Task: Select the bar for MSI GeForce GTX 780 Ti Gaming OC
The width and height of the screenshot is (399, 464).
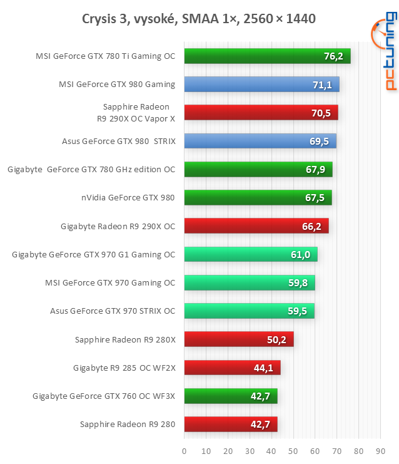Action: click(267, 56)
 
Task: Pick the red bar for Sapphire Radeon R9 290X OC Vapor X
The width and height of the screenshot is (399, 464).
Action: click(261, 113)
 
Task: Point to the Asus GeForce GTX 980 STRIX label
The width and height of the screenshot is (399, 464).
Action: click(119, 141)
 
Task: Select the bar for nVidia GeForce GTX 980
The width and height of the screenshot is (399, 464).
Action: click(258, 198)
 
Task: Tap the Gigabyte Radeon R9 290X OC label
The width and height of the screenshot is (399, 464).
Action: click(118, 226)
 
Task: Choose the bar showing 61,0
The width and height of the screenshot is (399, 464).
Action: click(251, 254)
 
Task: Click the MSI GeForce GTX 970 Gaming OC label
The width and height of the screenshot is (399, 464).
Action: click(110, 283)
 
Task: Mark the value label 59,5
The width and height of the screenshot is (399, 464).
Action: click(298, 311)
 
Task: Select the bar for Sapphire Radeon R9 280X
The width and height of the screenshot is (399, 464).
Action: click(239, 339)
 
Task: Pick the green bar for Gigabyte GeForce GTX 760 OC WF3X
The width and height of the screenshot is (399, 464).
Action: click(230, 396)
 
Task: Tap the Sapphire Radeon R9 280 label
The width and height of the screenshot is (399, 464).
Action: click(128, 425)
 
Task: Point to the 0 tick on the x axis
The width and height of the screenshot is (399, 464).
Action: click(184, 450)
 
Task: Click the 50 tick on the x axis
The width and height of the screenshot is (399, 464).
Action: click(293, 450)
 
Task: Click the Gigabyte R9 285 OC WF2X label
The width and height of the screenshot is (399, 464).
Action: click(124, 368)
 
